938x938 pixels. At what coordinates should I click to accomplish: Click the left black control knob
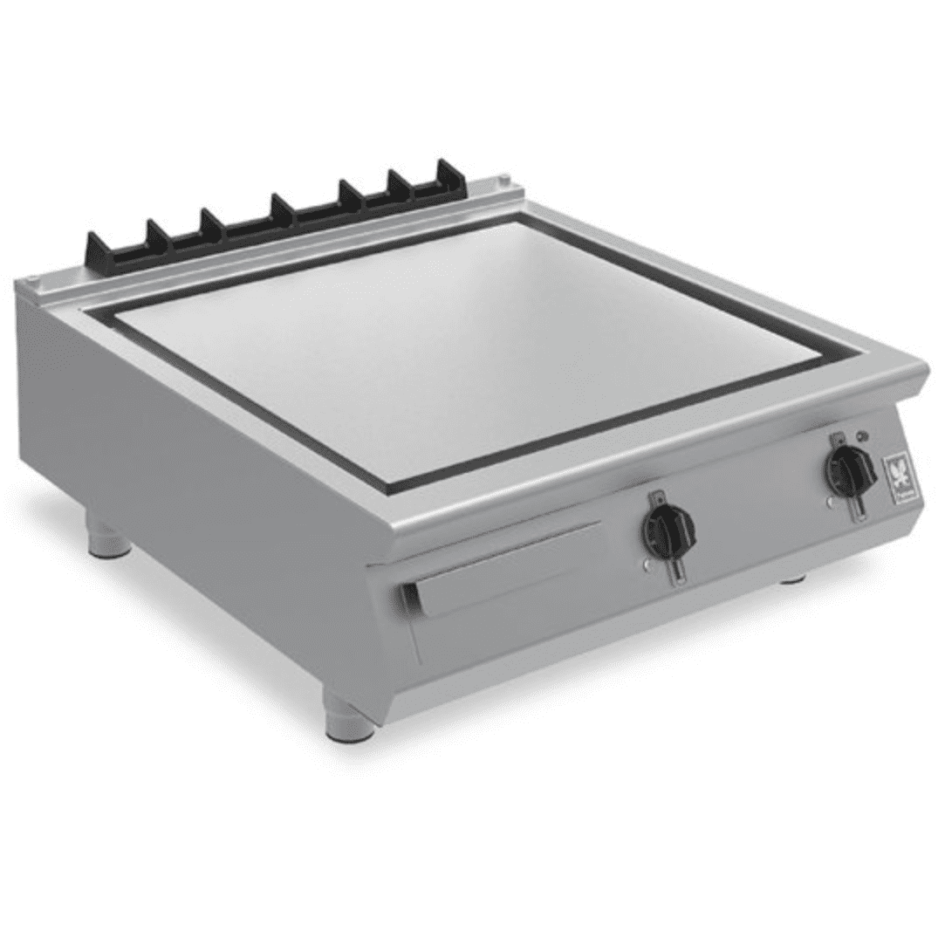point(668,527)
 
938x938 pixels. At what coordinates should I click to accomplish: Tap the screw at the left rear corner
point(32,279)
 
